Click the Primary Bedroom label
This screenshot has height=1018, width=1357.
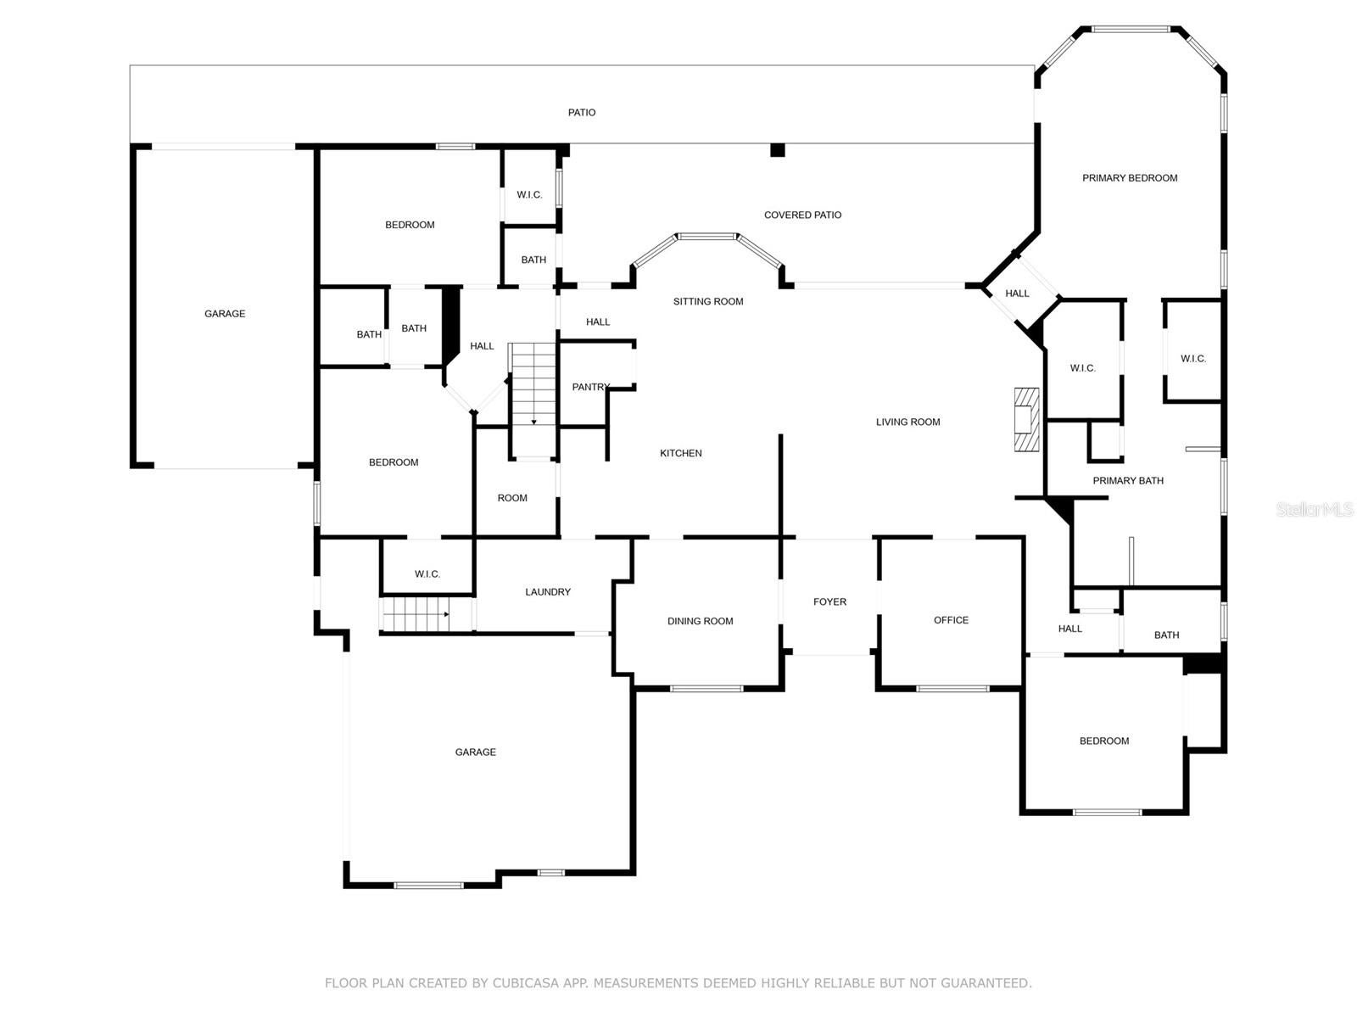pyautogui.click(x=1130, y=178)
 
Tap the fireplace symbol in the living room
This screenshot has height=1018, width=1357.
pyautogui.click(x=1027, y=419)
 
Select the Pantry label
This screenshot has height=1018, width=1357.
pyautogui.click(x=590, y=387)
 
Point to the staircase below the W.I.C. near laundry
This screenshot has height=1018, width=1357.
pyautogui.click(x=415, y=614)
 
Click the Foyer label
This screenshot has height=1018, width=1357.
pyautogui.click(x=829, y=601)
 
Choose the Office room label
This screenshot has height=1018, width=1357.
pyautogui.click(x=951, y=620)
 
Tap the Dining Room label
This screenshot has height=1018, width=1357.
pyautogui.click(x=700, y=621)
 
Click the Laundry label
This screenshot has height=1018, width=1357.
pyautogui.click(x=548, y=592)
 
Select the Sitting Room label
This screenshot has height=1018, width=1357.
pyautogui.click(x=708, y=301)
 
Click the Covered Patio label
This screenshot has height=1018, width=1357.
pyautogui.click(x=802, y=215)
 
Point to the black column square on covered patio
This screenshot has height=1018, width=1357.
pyautogui.click(x=777, y=150)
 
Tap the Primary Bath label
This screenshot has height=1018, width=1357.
pyautogui.click(x=1127, y=480)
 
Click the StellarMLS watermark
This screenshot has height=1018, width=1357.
pyautogui.click(x=1315, y=510)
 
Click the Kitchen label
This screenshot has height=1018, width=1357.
pyautogui.click(x=680, y=453)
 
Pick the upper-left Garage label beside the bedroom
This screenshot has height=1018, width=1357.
pyautogui.click(x=225, y=314)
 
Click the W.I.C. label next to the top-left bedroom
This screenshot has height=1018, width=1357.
pyautogui.click(x=529, y=195)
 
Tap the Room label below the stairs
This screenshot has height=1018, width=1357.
pyautogui.click(x=512, y=498)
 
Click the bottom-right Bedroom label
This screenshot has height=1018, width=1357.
pyautogui.click(x=1103, y=741)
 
